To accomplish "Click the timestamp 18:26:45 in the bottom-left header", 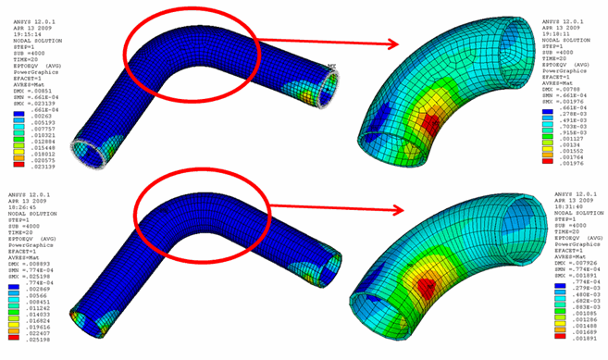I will (x=20, y=197).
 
